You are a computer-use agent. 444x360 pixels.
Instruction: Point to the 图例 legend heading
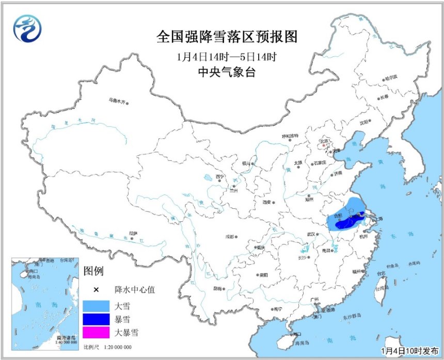coord(94,271)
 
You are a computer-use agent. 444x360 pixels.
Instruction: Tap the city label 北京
coord(325,140)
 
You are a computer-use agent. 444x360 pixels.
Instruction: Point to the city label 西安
coord(266,202)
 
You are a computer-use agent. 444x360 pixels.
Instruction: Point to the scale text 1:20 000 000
coord(117,347)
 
